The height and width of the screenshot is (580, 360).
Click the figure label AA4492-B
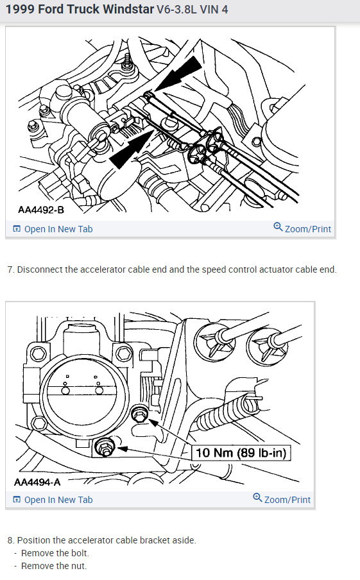[41, 210]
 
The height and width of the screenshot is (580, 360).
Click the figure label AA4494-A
[37, 482]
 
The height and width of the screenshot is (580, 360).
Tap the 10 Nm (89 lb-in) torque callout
[241, 453]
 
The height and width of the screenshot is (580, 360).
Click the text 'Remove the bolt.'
[55, 553]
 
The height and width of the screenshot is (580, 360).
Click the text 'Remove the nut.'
[54, 567]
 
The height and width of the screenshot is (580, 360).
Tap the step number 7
[10, 269]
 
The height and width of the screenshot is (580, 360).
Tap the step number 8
[10, 540]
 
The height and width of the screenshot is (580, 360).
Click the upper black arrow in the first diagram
[178, 74]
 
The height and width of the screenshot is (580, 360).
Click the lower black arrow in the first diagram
[132, 149]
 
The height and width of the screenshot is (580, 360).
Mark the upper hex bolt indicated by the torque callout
[139, 414]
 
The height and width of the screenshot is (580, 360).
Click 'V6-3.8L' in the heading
[176, 9]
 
